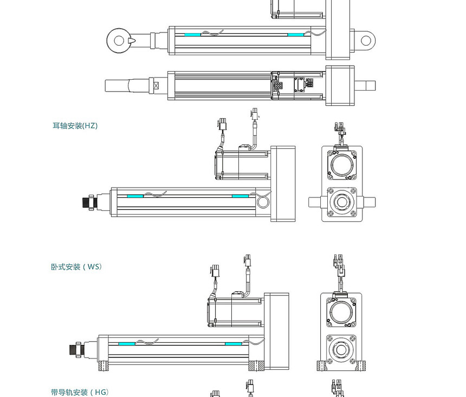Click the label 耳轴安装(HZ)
tap(75, 126)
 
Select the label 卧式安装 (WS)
tap(76, 267)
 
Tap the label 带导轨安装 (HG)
tap(80, 392)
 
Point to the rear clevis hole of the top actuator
tap(366, 40)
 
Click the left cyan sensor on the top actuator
tap(192, 35)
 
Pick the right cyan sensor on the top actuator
tap(296, 35)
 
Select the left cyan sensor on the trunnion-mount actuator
tap(135, 196)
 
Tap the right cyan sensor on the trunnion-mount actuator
tap(240, 196)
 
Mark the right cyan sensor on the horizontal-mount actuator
tap(233, 343)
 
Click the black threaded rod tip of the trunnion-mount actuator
tap(86, 202)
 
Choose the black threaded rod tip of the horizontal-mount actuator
tap(74, 349)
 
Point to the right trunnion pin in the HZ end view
tap(368, 202)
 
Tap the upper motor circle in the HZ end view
tap(342, 164)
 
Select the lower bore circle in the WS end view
tap(341, 350)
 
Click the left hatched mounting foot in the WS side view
tap(103, 367)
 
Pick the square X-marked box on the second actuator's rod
tap(157, 86)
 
